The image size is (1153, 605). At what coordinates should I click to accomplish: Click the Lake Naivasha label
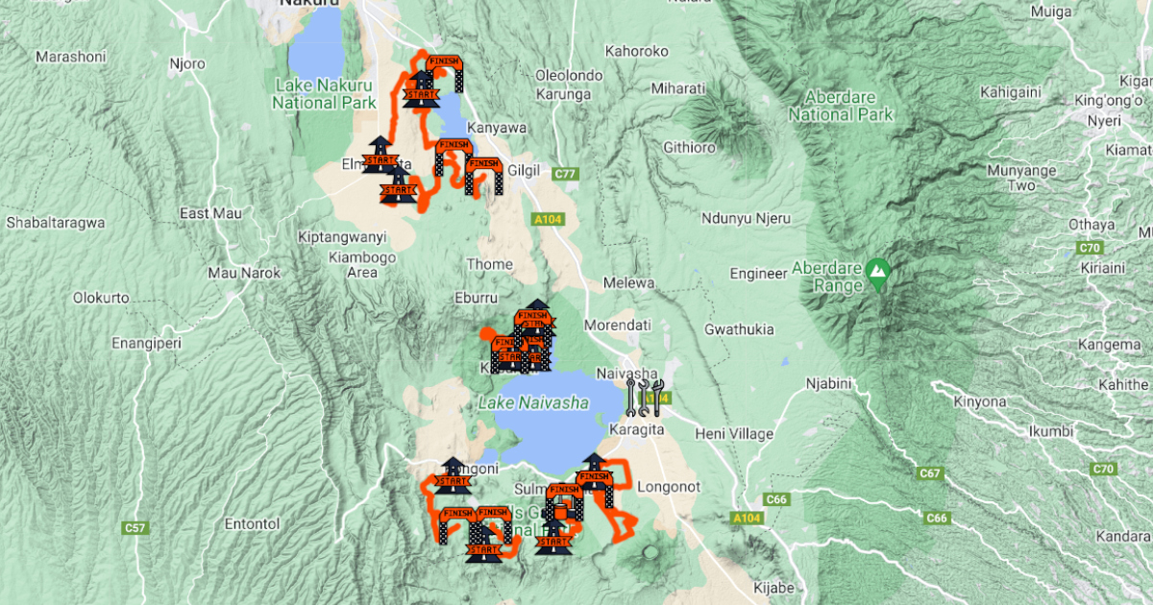tap(533, 403)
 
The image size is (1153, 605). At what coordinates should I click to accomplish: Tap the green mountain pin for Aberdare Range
tap(876, 273)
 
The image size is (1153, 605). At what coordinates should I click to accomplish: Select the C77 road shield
tap(567, 174)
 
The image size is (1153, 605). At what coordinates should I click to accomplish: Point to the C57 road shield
tap(135, 528)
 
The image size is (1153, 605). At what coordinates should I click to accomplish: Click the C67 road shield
tap(929, 473)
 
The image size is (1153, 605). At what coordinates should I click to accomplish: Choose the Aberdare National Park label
tap(841, 106)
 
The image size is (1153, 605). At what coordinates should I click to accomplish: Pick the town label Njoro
tap(187, 64)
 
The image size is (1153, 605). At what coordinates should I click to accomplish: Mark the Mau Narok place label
tap(244, 273)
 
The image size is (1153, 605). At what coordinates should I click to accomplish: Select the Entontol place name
tap(252, 523)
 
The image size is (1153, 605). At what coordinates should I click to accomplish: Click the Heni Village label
tap(737, 434)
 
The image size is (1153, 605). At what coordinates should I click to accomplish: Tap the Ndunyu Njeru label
tap(746, 218)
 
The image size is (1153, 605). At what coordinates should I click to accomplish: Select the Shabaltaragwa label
tap(55, 222)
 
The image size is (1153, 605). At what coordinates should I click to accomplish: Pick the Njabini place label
tap(827, 383)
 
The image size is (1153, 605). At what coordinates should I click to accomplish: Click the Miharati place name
tap(677, 88)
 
